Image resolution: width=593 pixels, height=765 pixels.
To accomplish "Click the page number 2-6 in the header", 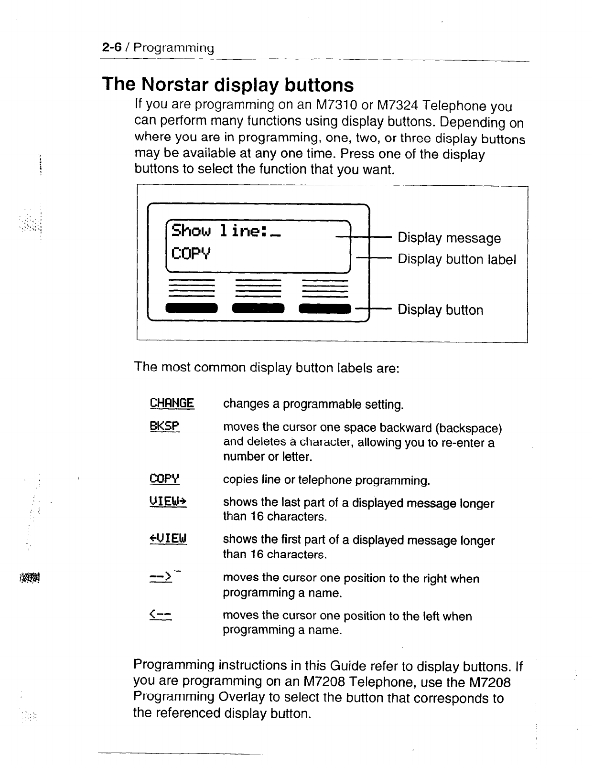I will point(113,48).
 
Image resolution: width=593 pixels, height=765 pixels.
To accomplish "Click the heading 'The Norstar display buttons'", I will point(228,85).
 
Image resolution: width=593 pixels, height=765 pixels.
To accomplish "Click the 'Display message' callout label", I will point(449,238).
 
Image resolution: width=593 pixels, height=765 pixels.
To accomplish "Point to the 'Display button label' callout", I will point(457,259).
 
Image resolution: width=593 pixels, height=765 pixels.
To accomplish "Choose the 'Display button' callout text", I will point(440,310).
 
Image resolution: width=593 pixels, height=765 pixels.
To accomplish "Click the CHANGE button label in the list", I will point(172,404).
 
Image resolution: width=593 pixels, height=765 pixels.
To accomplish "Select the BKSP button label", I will point(164,426).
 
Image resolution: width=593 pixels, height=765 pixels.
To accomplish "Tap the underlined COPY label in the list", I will point(164,478).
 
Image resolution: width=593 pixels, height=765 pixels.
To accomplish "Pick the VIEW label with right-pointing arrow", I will point(168,502).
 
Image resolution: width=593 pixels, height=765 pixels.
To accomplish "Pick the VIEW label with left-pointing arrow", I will point(168,540).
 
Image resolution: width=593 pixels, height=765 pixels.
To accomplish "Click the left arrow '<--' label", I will point(161,615).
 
